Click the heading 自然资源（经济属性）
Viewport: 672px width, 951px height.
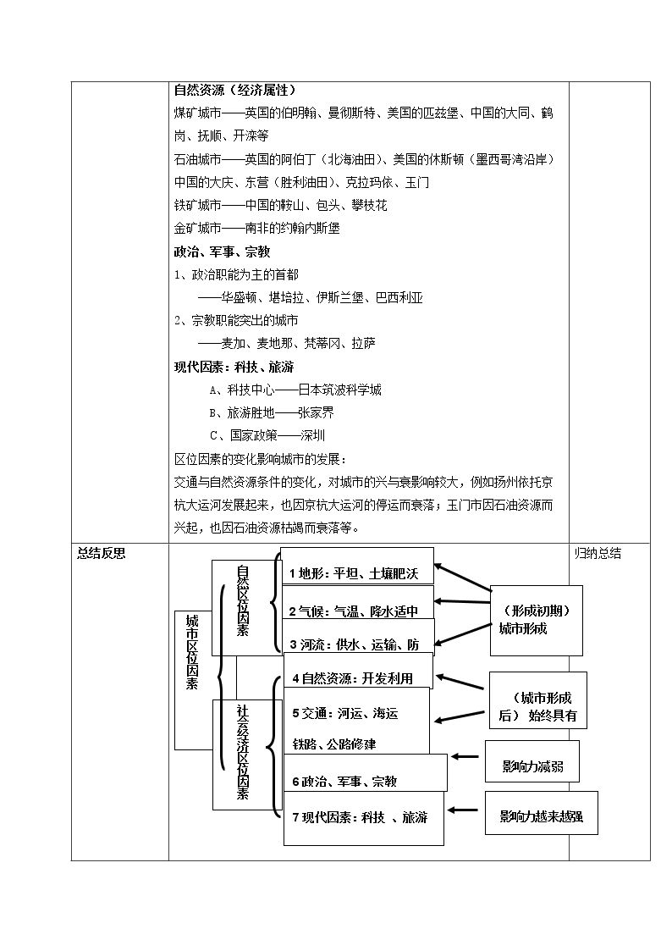click(234, 91)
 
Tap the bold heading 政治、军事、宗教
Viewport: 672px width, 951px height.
click(222, 252)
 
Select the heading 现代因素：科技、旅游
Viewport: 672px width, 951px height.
click(234, 367)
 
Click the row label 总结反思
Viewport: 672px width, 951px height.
click(102, 553)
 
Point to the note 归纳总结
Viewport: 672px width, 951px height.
click(598, 553)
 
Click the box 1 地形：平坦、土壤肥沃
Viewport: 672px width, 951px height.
click(357, 567)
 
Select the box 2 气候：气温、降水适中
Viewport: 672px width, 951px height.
click(358, 602)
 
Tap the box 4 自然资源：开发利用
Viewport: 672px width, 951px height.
click(358, 671)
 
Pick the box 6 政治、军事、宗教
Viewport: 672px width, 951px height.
click(366, 772)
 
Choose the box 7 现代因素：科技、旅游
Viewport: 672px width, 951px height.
click(364, 818)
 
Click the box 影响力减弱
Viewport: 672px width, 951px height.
click(532, 760)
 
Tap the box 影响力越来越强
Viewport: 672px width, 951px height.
click(541, 813)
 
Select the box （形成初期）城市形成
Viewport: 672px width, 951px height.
click(537, 621)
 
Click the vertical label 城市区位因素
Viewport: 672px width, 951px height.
click(192, 652)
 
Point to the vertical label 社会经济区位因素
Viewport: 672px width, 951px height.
click(242, 751)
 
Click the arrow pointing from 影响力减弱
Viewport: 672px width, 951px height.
click(465, 756)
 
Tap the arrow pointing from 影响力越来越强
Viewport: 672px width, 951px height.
click(462, 809)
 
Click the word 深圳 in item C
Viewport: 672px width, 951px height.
click(312, 435)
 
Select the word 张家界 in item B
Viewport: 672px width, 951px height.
click(316, 413)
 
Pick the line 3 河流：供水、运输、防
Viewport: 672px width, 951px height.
click(355, 644)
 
